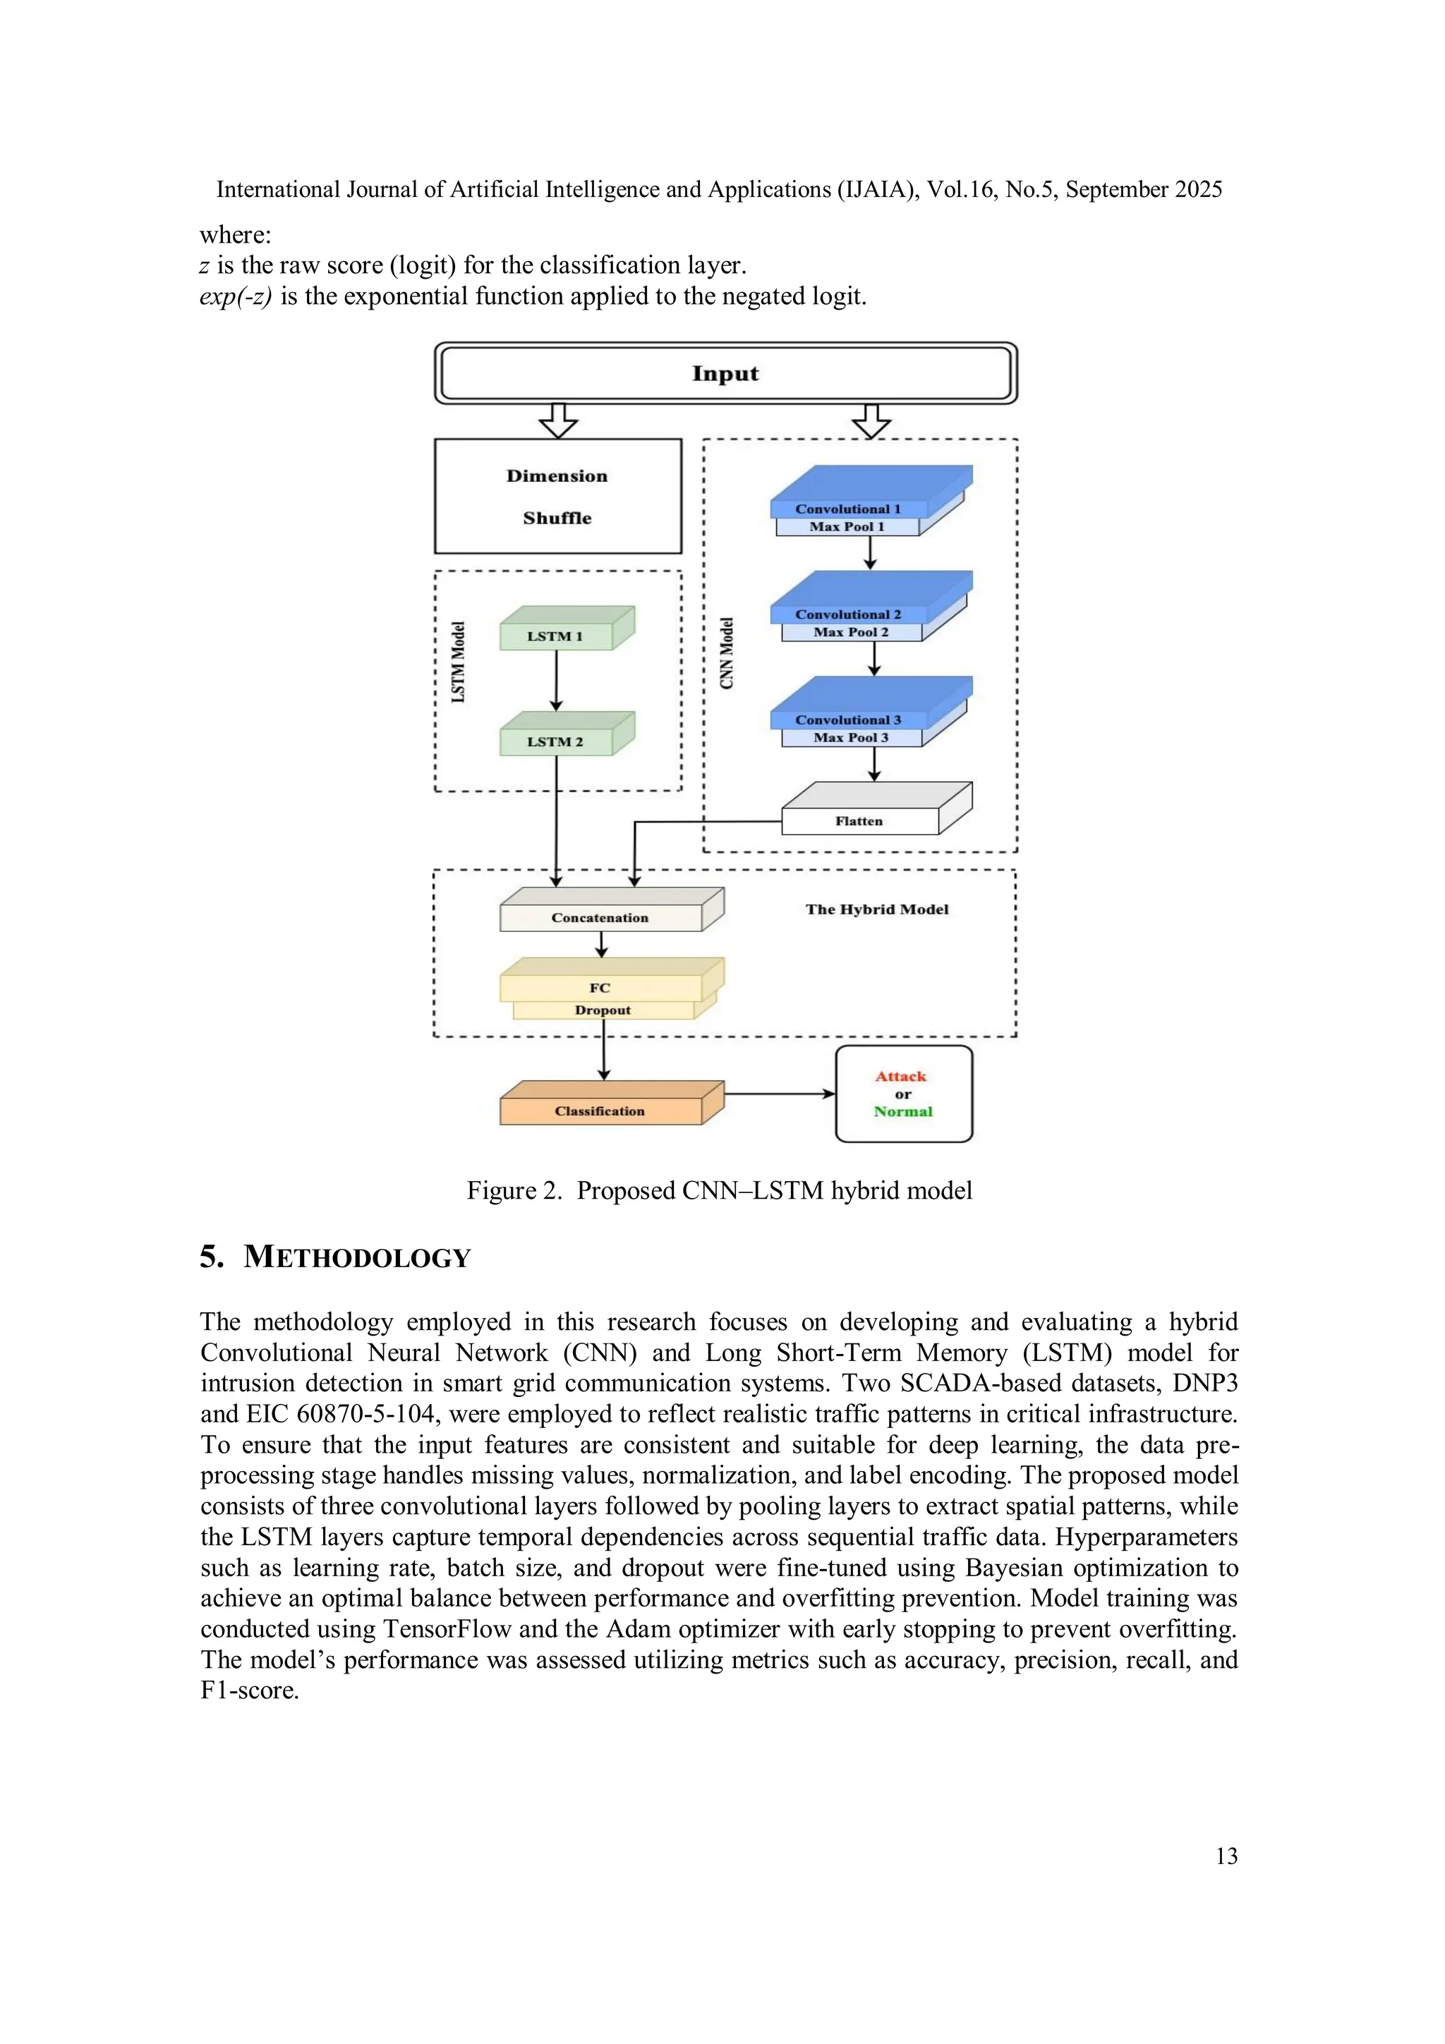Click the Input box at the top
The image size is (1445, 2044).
pos(725,374)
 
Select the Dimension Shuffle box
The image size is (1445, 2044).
pos(557,496)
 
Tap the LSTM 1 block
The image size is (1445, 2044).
pos(555,636)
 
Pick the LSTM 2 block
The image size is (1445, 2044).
pos(555,742)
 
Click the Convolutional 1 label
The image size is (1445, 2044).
pos(847,509)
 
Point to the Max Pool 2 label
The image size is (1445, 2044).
pos(850,632)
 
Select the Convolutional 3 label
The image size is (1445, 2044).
pos(847,720)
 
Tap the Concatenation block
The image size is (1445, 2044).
pos(600,918)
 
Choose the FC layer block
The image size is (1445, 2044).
pos(600,987)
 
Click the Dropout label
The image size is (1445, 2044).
pos(603,1010)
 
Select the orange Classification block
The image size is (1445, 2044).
pos(600,1111)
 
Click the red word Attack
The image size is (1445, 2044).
pos(901,1076)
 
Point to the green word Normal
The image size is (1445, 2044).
pos(903,1112)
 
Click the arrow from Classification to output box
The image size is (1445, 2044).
pos(779,1094)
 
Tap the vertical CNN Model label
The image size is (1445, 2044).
pos(727,653)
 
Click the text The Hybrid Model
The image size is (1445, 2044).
pos(877,909)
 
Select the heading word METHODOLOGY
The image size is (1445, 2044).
pos(357,1258)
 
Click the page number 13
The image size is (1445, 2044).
pos(1226,1856)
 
